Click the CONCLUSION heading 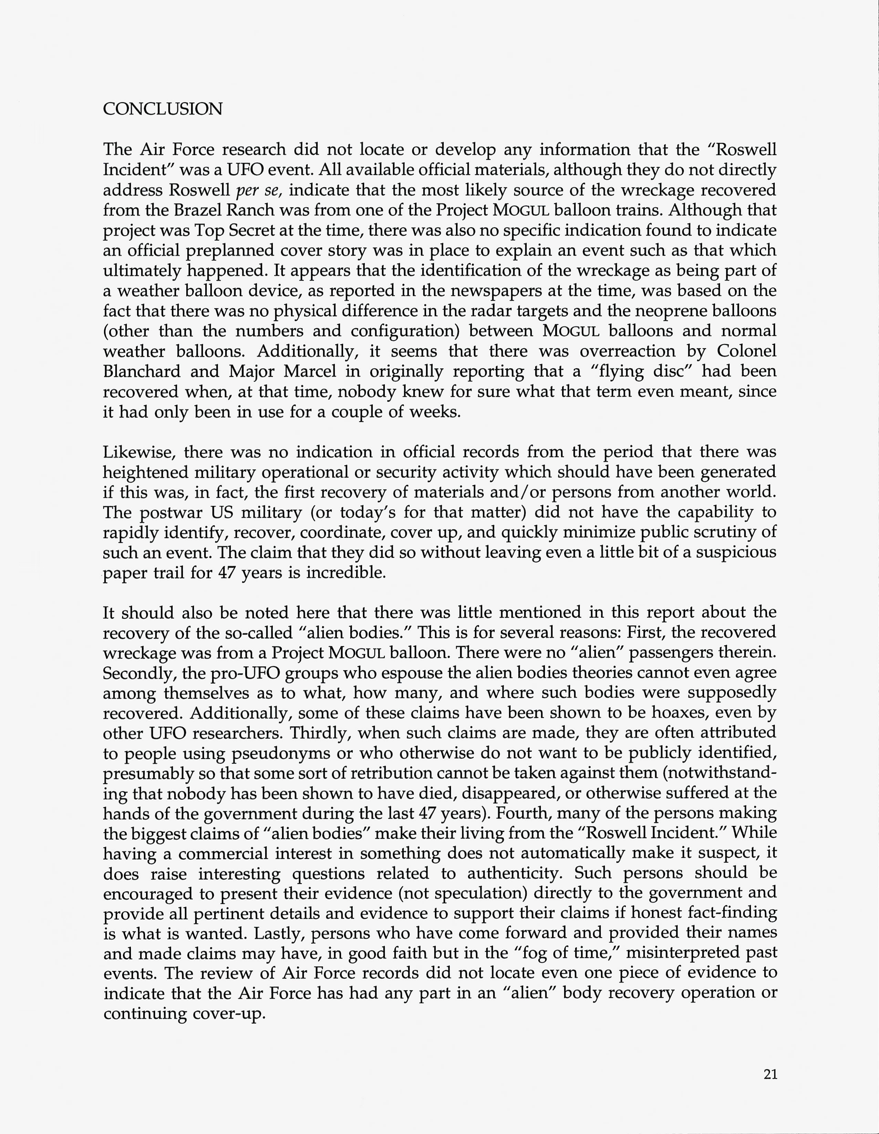tap(163, 109)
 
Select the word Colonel tap(747, 351)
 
